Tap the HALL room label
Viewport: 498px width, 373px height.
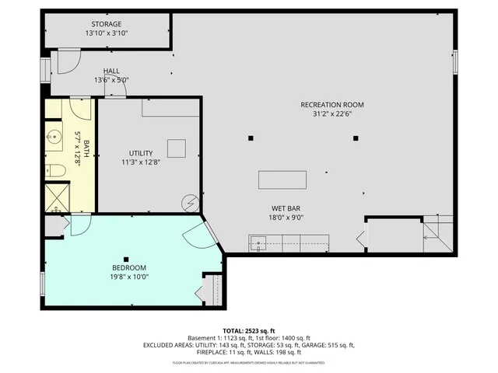tap(111, 71)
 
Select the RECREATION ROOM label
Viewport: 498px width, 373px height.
tap(332, 105)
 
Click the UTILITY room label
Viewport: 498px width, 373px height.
tap(142, 153)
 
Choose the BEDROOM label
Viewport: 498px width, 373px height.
tap(128, 267)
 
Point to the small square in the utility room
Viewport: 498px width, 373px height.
tap(176, 148)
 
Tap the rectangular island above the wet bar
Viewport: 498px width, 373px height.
tap(282, 180)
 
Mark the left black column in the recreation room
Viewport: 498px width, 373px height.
tap(251, 138)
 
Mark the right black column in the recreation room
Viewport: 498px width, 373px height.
tap(356, 138)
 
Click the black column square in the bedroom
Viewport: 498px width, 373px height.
tap(125, 259)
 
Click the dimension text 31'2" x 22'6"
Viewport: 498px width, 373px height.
tap(332, 115)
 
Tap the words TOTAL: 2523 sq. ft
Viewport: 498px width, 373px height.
tap(249, 330)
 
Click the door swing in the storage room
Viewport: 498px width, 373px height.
tap(68, 60)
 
